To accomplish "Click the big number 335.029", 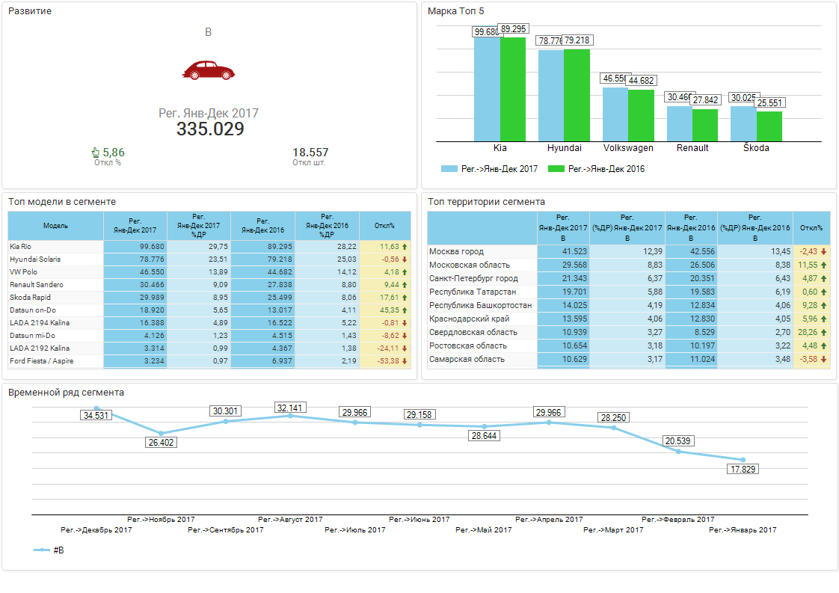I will pyautogui.click(x=210, y=129).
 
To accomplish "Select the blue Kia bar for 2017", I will pyautogui.click(x=487, y=89).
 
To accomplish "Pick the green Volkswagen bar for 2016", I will pyautogui.click(x=640, y=115).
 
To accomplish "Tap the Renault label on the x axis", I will pyautogui.click(x=692, y=148).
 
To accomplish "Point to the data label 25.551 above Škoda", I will pyautogui.click(x=769, y=103).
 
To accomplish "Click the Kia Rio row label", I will pyautogui.click(x=21, y=246).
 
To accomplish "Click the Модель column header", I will pyautogui.click(x=55, y=226).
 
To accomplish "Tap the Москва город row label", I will pyautogui.click(x=456, y=252).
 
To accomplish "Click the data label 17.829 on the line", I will pyautogui.click(x=742, y=469).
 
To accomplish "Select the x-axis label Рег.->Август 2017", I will pyautogui.click(x=290, y=519).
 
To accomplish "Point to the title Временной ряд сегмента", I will pyautogui.click(x=66, y=393).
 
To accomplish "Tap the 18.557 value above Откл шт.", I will pyautogui.click(x=310, y=153).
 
